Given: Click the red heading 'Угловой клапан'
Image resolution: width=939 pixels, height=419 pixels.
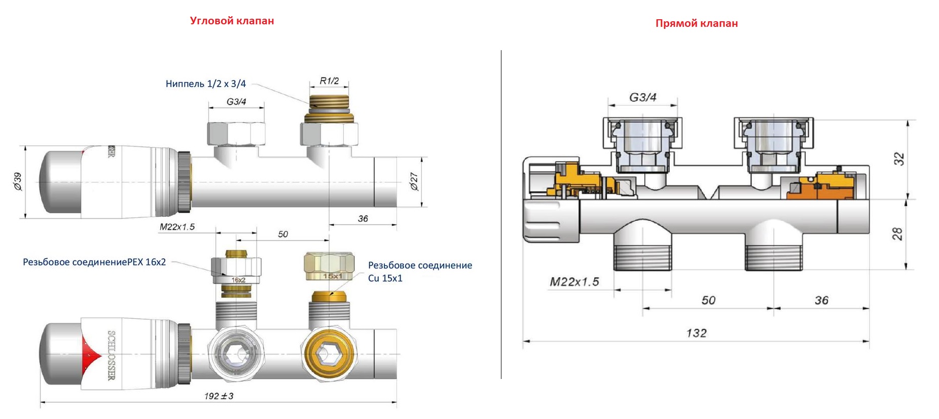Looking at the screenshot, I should [x=232, y=21].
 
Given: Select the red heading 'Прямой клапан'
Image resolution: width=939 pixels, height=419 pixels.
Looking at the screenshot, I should [x=696, y=23].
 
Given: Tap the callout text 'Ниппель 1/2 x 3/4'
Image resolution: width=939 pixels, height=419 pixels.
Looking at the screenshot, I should [x=205, y=84].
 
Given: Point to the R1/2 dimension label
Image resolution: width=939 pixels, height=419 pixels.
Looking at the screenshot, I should [x=329, y=81].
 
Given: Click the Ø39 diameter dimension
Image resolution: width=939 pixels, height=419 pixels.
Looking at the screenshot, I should [x=18, y=181].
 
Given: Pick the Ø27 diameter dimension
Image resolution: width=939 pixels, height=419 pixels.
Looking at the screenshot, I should [x=414, y=181].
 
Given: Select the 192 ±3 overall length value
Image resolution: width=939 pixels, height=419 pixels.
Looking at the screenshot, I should [x=219, y=396].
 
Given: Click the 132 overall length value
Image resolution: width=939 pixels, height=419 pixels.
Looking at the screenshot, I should [x=696, y=333].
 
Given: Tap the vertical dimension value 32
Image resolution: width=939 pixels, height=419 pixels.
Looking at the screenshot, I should [x=898, y=159].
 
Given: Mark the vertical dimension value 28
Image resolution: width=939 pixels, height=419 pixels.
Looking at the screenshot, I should [x=897, y=234].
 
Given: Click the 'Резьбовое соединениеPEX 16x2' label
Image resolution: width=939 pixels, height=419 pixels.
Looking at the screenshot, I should [x=94, y=262].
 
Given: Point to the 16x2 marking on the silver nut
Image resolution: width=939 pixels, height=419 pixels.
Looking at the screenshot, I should [x=238, y=280].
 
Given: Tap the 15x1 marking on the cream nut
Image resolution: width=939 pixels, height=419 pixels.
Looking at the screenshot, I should [x=333, y=276].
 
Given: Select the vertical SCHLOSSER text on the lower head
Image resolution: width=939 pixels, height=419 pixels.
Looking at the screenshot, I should [x=112, y=355].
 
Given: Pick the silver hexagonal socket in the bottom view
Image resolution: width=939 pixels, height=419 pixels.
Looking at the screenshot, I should [x=235, y=353].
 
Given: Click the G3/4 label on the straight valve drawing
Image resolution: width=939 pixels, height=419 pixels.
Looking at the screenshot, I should [x=642, y=97].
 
